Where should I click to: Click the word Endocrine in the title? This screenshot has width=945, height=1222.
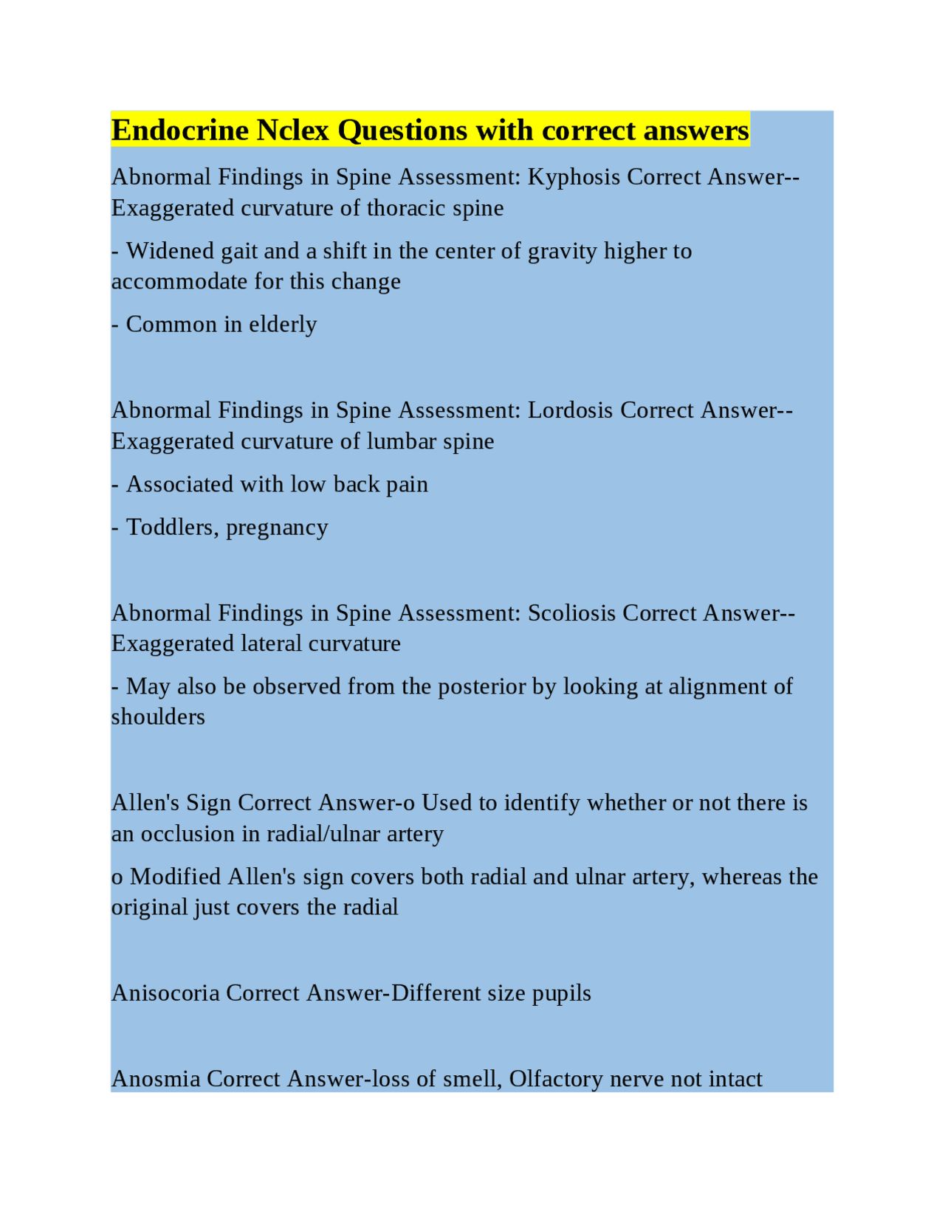(x=180, y=131)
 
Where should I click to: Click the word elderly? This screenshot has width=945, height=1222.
(x=283, y=325)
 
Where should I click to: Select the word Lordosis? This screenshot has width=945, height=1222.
(x=570, y=410)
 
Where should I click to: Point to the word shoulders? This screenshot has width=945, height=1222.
(x=158, y=717)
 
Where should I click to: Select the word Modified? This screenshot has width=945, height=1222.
(x=176, y=877)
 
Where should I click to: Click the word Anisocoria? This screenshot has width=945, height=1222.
(x=165, y=993)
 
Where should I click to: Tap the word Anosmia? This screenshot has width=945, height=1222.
(x=156, y=1080)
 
